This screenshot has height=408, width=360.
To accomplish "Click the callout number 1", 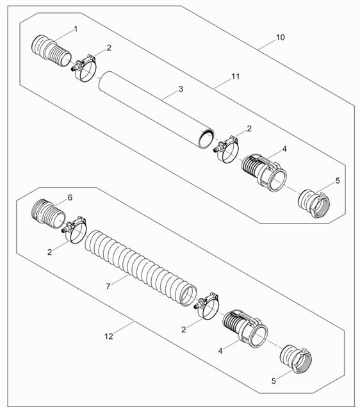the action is coord(76,29).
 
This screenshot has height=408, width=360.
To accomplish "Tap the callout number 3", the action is coord(181,89).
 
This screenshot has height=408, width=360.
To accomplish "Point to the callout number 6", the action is coord(70,198).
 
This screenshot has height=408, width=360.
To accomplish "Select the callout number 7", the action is coord(108,286).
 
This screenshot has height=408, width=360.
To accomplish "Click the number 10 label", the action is coord(281,37).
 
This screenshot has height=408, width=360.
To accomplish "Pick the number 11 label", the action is coord(236,76).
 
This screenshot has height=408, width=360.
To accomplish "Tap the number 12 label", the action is coord(109,336).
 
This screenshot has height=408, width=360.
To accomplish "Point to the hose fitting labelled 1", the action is coord(51,51).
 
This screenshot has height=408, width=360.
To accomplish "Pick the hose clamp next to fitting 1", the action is coord(85,68).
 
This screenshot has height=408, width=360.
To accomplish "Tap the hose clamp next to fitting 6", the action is coord(75,229).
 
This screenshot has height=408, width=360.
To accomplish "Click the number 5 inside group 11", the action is coord(338,181).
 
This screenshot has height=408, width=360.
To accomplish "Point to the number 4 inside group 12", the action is coord(220,351).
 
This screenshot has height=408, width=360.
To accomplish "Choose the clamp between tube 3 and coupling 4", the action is coord(227,149).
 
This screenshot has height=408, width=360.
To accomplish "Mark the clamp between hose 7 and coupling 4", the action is coord(207,306).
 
